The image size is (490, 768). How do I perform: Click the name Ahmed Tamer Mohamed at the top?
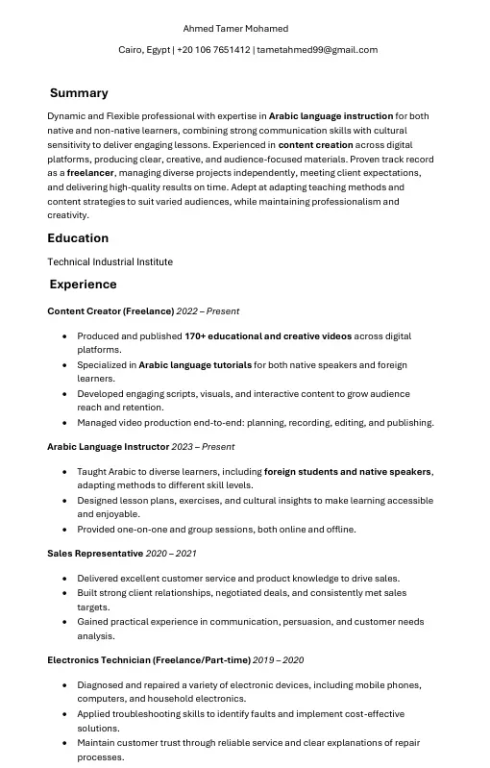pos(235,29)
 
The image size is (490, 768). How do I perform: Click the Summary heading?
pos(79,93)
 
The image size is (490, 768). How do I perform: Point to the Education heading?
pos(78,238)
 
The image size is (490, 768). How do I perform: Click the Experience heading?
pos(83,285)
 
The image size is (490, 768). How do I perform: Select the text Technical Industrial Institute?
pos(110,261)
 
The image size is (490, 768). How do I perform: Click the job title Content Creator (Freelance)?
pos(110,311)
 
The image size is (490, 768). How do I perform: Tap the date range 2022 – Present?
pos(208,311)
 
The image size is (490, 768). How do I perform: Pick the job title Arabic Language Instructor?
pos(108,447)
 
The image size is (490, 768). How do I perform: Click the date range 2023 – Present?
pos(203,447)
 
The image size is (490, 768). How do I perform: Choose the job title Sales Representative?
pos(95,554)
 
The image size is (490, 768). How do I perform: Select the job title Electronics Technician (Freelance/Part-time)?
pos(149,660)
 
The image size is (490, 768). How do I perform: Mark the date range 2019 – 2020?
pos(279,660)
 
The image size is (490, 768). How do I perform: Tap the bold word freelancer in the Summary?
pos(90,173)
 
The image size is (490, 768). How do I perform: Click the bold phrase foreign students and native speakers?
pos(348,472)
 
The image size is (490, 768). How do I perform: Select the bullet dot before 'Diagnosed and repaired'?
pos(64,685)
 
